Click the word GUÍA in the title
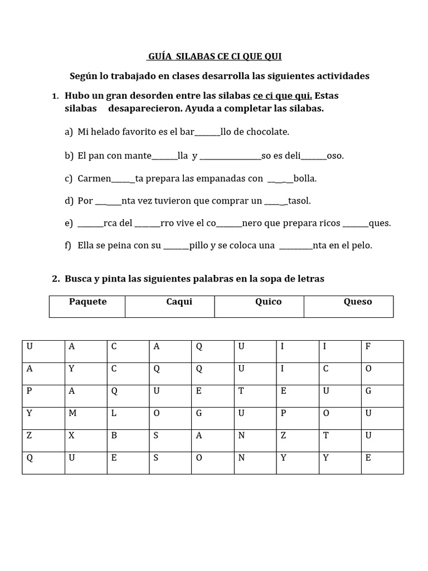159,56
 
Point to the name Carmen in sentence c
94,178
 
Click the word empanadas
225,178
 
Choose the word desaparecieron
140,108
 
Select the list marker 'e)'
69,223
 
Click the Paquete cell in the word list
87,302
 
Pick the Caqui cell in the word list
179,302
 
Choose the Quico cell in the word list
268,302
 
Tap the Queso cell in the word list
358,302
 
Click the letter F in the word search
368,346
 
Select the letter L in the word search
114,413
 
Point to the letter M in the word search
72,413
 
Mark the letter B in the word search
114,435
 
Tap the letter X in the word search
71,435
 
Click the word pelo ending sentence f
361,245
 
